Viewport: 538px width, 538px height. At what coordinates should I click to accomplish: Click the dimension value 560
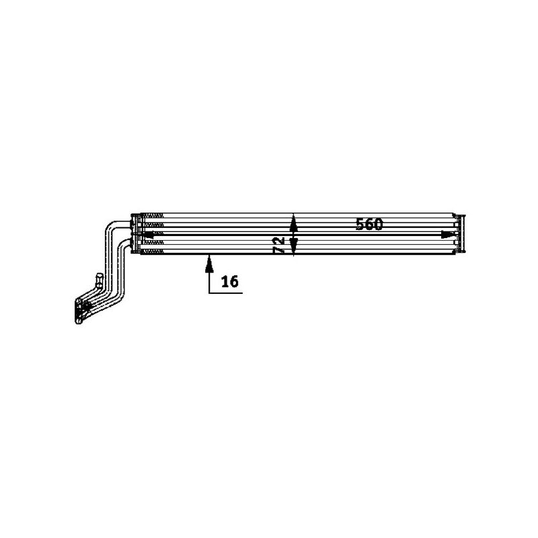tap(369, 225)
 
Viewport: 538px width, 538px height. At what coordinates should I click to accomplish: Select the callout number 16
tap(229, 281)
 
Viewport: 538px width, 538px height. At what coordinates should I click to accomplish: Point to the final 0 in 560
tap(378, 225)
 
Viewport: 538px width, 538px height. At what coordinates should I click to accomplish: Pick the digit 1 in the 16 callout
tap(224, 281)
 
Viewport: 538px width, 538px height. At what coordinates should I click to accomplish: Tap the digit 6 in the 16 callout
tap(233, 281)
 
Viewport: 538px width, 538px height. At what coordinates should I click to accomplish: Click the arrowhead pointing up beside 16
tap(209, 262)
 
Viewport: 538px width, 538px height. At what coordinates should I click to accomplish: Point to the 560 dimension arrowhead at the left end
tap(149, 234)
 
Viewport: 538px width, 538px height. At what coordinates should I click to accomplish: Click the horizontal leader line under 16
tap(225, 293)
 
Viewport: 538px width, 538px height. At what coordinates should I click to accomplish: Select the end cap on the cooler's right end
tap(460, 234)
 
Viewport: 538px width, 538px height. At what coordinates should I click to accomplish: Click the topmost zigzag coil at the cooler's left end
tap(154, 216)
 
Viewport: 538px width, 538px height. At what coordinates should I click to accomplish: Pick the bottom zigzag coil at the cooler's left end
tap(154, 252)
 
